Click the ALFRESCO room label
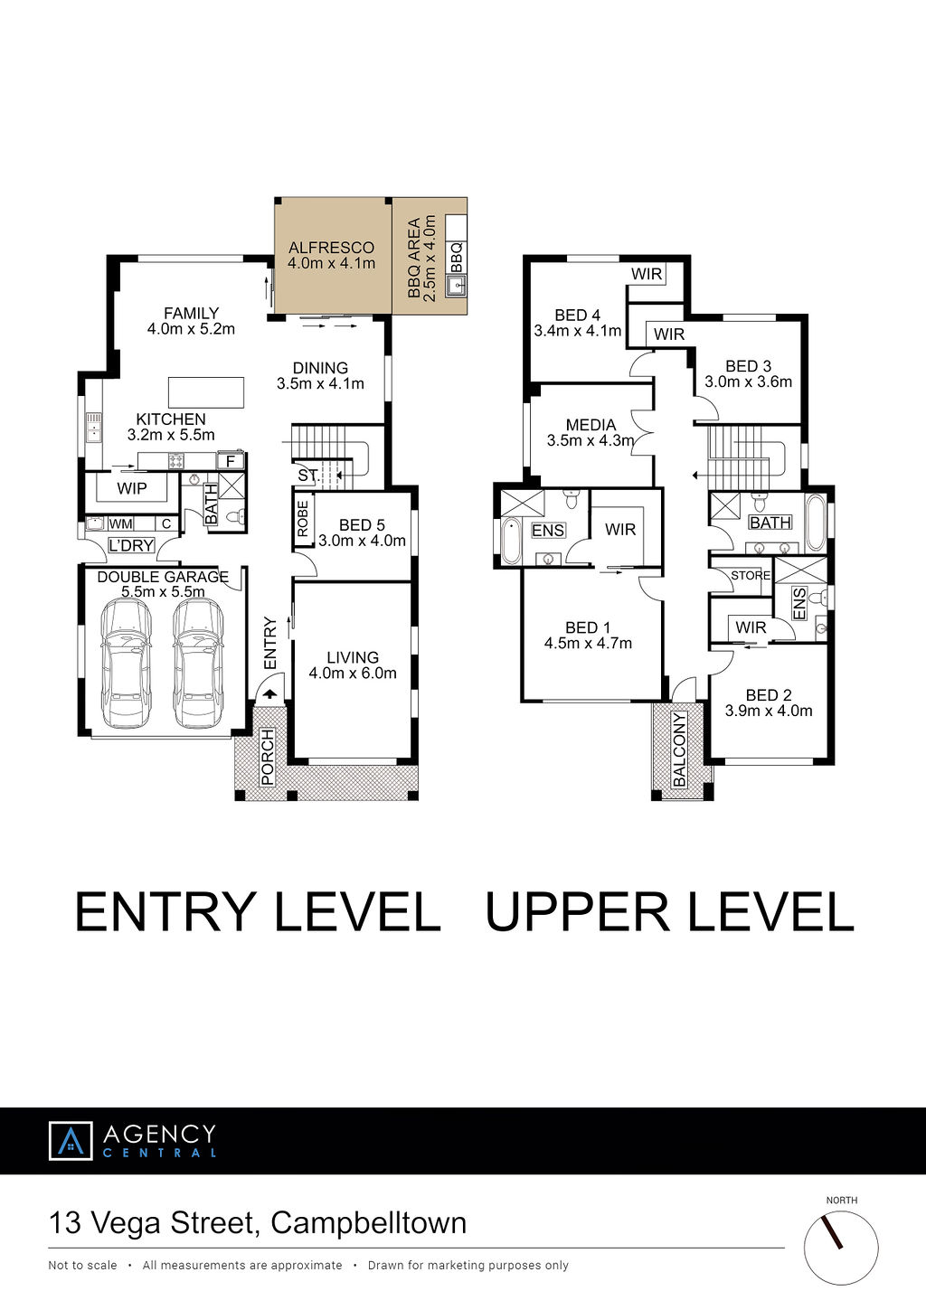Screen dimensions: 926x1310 pos(331,248)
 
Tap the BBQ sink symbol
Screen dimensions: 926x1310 pos(456,286)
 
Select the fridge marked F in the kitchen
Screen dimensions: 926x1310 pos(230,461)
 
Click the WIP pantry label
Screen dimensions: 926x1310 pos(132,488)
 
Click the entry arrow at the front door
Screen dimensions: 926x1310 pos(269,694)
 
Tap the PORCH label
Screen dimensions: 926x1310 pos(268,757)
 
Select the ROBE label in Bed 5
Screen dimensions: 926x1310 pos(302,519)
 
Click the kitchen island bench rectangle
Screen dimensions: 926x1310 pos(206,392)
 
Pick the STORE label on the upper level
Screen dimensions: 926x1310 pos(751,576)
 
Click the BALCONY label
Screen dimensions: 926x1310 pos(679,749)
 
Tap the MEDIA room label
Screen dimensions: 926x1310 pos(591,425)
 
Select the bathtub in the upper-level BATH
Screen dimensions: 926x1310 pos(816,523)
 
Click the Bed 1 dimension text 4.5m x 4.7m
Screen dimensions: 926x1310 pos(588,644)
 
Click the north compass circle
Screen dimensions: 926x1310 pos(841,1248)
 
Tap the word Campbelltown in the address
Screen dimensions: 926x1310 pos(369,1223)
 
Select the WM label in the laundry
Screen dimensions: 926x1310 pos(120,523)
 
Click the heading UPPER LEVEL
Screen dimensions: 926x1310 pos(670,911)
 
